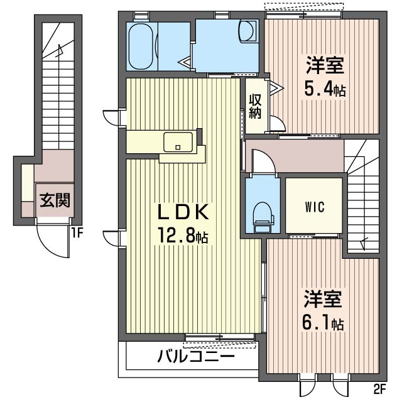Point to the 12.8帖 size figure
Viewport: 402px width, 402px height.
click(x=183, y=237)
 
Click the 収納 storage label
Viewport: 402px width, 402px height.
click(x=255, y=107)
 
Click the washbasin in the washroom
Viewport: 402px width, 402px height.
click(x=248, y=32)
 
